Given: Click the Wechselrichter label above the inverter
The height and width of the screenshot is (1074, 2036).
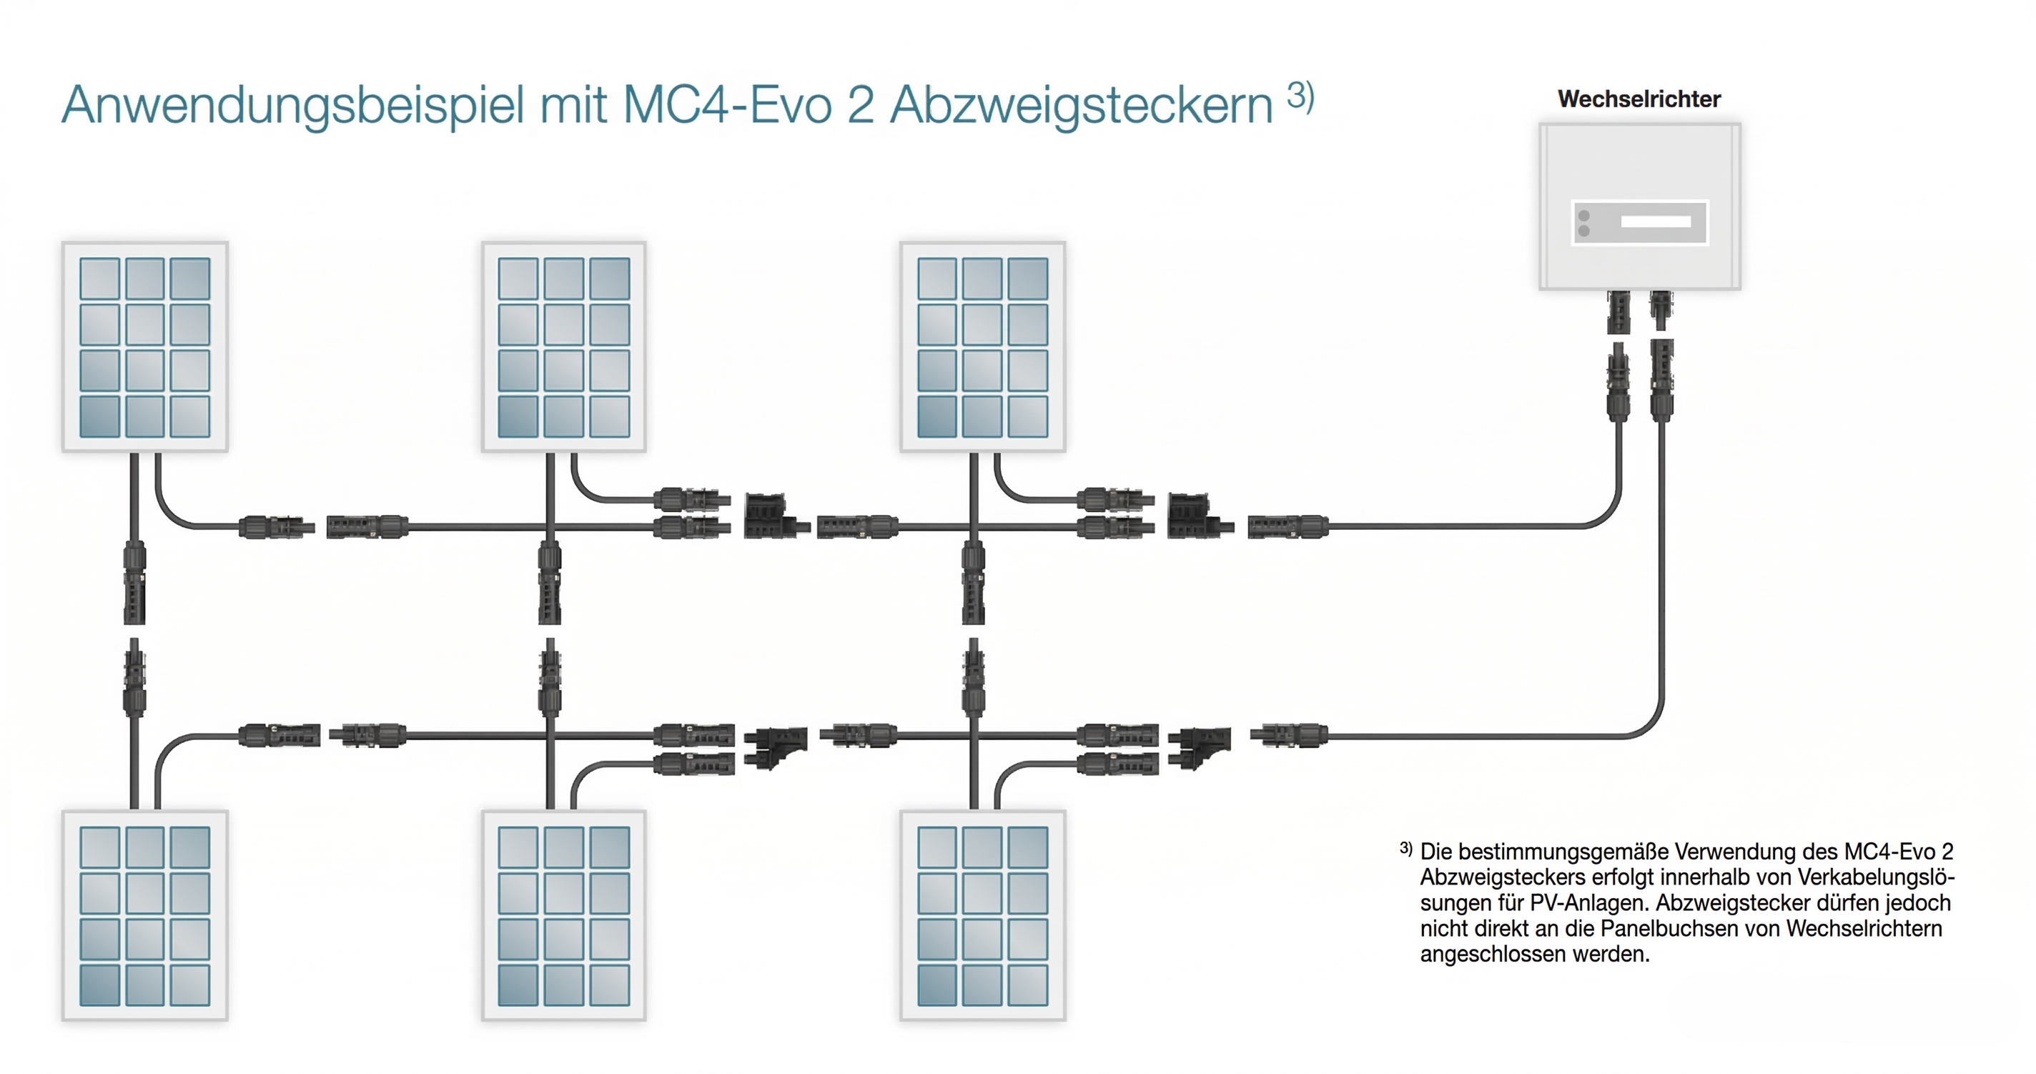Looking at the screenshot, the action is pyautogui.click(x=1639, y=99).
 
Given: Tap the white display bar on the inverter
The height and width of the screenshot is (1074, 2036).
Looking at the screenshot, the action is pyautogui.click(x=1656, y=222).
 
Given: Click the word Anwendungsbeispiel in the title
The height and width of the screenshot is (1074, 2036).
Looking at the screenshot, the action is pyautogui.click(x=293, y=105).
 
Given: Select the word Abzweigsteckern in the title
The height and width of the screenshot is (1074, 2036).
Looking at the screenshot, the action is pyautogui.click(x=1081, y=105).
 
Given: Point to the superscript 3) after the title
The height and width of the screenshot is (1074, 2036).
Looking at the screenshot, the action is pyautogui.click(x=1300, y=96).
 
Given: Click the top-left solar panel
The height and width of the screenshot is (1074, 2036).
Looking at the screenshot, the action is pyautogui.click(x=145, y=347).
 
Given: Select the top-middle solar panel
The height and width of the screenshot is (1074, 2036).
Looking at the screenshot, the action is pyautogui.click(x=563, y=347).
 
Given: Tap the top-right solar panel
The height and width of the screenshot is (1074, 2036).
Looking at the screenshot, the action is pyautogui.click(x=982, y=347).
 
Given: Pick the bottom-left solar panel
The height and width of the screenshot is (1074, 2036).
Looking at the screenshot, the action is pyautogui.click(x=145, y=915).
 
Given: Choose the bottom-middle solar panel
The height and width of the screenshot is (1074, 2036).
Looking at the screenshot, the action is pyautogui.click(x=563, y=915).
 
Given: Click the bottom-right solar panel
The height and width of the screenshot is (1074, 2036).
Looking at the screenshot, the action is pyautogui.click(x=982, y=915).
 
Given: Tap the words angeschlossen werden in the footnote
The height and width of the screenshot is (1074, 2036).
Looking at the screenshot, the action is pyautogui.click(x=1535, y=955).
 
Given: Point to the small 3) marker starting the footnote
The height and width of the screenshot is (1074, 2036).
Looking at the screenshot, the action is pyautogui.click(x=1405, y=848).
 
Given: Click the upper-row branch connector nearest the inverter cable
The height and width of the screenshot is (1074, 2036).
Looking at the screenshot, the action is pyautogui.click(x=1200, y=516).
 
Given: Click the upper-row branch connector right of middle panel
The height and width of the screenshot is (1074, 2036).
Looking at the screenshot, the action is pyautogui.click(x=777, y=516).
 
